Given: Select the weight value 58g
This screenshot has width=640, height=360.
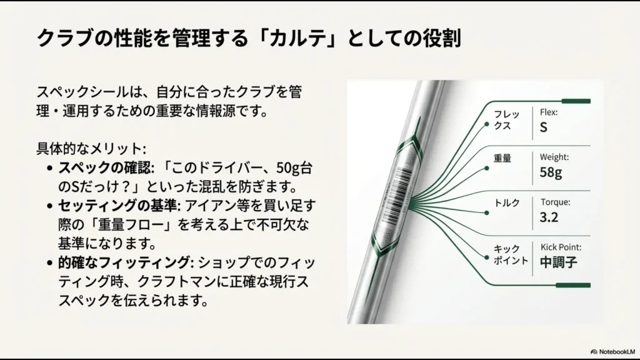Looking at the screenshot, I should click(551, 172).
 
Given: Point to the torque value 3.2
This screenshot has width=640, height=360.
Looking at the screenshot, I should click(549, 217).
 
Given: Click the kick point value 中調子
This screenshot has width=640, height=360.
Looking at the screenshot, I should click(558, 262).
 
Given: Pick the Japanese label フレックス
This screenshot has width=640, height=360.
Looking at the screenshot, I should click(502, 120).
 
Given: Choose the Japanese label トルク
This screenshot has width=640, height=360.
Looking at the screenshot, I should click(507, 203).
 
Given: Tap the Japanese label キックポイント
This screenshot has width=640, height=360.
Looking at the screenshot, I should click(507, 254).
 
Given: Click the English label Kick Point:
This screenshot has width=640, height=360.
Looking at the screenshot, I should click(561, 247).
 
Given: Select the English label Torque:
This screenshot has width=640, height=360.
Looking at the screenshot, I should click(555, 202).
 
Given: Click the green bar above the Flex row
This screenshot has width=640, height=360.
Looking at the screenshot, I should click(576, 101).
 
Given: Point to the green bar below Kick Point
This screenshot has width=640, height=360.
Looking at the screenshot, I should click(572, 285).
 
